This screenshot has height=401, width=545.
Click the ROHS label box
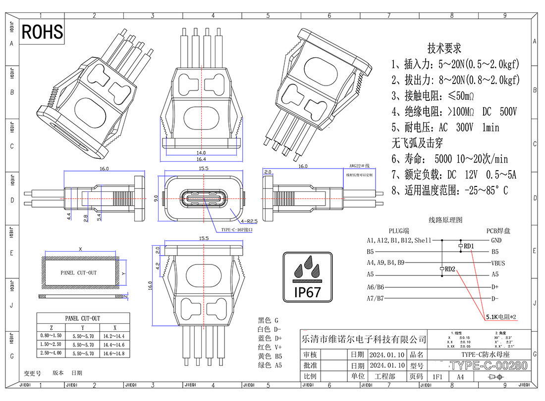click(x=42, y=32)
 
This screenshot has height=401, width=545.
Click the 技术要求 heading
click(x=444, y=48)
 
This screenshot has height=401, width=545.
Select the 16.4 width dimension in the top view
click(x=201, y=159)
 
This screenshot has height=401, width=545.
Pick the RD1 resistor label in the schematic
click(x=468, y=246)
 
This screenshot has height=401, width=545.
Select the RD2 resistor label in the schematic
click(x=450, y=269)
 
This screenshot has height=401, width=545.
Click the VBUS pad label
click(x=497, y=263)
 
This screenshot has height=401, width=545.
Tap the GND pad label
click(x=496, y=240)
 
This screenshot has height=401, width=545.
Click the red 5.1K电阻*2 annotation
click(x=501, y=316)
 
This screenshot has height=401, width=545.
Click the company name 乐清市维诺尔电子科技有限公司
click(x=364, y=340)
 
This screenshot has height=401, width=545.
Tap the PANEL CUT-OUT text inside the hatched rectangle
click(x=79, y=272)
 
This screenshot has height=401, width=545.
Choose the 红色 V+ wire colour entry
click(x=270, y=347)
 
